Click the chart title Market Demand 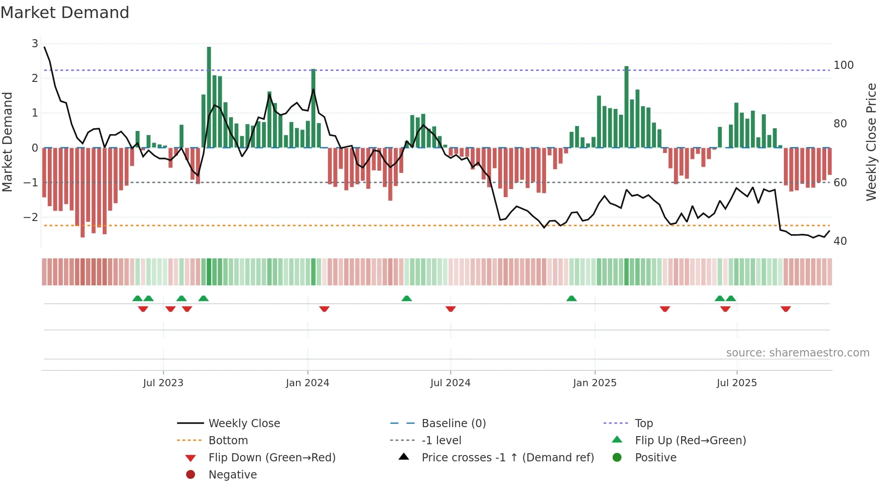tap(65, 13)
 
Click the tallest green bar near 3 tap(209, 97)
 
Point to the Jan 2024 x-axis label tap(308, 383)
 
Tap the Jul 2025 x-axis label tap(737, 383)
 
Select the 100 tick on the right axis tap(843, 65)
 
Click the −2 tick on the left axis tap(31, 217)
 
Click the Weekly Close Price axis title tap(871, 142)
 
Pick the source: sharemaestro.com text tap(797, 353)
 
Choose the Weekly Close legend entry tap(244, 424)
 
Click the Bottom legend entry tap(228, 441)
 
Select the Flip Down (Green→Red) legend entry tap(272, 458)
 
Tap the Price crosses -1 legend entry tap(507, 458)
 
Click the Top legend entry tap(644, 424)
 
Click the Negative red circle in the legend tap(191, 475)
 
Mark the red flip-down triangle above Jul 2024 tap(451, 309)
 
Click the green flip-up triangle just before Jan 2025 tap(571, 298)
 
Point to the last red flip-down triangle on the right tap(786, 309)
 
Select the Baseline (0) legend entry tap(454, 424)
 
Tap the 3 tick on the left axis tap(35, 44)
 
